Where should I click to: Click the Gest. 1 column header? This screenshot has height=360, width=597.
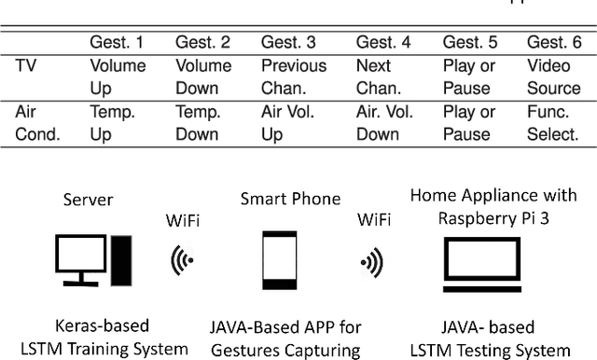click(117, 43)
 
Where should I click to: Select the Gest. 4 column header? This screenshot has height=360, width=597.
click(383, 43)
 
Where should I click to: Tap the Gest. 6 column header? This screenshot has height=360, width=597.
click(553, 43)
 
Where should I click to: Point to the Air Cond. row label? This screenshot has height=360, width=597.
click(37, 122)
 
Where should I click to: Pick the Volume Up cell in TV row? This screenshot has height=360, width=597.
click(118, 77)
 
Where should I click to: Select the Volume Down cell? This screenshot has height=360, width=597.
click(203, 77)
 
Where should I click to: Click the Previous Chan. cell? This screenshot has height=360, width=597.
click(294, 77)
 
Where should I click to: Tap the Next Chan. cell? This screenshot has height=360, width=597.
click(379, 77)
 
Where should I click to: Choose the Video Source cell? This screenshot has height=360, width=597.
click(553, 77)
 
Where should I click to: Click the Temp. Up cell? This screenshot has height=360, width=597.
click(112, 122)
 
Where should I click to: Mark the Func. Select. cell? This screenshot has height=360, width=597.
click(553, 122)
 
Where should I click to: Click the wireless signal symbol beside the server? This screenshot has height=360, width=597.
click(182, 263)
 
